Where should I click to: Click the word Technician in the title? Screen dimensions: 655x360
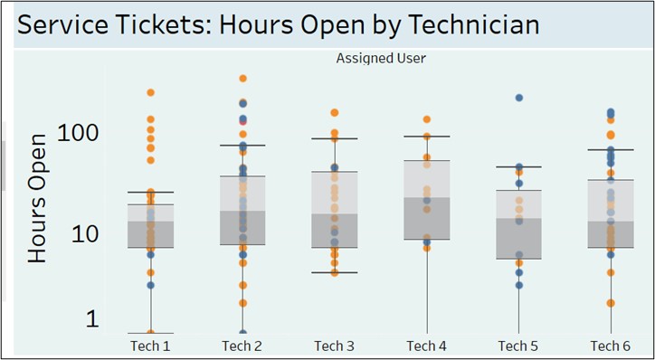pos(473,25)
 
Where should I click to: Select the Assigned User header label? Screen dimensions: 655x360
pos(381,59)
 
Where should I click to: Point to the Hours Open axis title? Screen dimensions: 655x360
pos(37,199)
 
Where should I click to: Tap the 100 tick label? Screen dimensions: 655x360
pos(79,134)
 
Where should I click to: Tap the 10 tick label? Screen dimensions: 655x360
pos(85,235)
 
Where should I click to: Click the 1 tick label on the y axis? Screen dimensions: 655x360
pos(93,319)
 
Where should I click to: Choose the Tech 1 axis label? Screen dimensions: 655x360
pos(150,346)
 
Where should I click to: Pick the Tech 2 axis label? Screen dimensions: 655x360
pos(242,346)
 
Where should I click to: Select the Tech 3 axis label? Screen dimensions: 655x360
pos(335,346)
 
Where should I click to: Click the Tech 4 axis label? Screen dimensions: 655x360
pos(426,346)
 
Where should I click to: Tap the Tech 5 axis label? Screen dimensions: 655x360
pos(518,346)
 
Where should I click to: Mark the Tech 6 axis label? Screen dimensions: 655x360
pos(611,346)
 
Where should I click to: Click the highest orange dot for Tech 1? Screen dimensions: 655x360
pos(151,93)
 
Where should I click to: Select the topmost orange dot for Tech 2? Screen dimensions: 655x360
pos(242,78)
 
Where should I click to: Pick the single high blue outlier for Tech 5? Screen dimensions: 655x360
pos(518,98)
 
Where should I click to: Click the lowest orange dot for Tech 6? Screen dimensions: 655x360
pos(611,303)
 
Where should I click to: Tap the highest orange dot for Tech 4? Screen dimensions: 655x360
pos(427,119)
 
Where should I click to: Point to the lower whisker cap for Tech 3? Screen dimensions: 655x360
pos(335,272)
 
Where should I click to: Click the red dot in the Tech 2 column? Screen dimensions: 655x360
pos(242,121)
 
